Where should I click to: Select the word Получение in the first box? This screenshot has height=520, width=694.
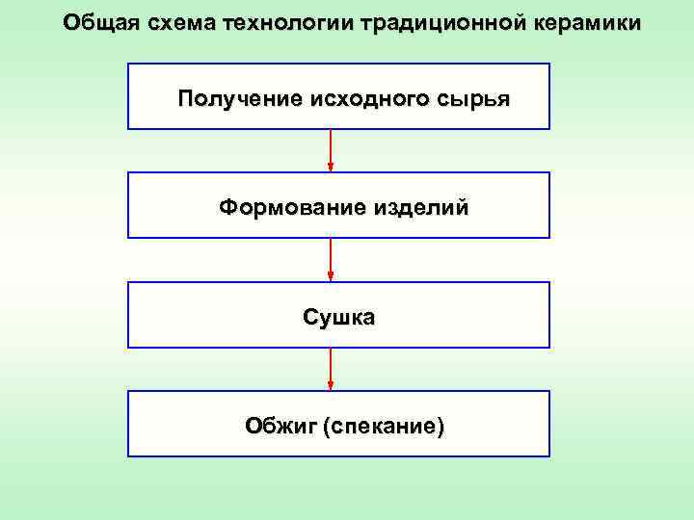(240, 98)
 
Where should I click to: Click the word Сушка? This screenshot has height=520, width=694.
(339, 317)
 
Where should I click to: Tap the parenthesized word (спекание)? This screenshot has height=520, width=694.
(386, 426)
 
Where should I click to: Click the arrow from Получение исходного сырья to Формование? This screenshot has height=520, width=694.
(331, 150)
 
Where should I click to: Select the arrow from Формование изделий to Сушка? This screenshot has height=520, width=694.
(331, 259)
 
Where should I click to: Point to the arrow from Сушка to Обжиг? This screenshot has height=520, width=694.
(331, 369)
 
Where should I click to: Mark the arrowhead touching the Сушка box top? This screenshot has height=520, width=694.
(331, 276)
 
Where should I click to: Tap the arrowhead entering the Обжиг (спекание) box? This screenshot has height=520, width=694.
(331, 385)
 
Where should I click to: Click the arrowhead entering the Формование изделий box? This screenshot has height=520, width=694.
(331, 167)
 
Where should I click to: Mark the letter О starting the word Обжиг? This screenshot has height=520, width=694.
(254, 426)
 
